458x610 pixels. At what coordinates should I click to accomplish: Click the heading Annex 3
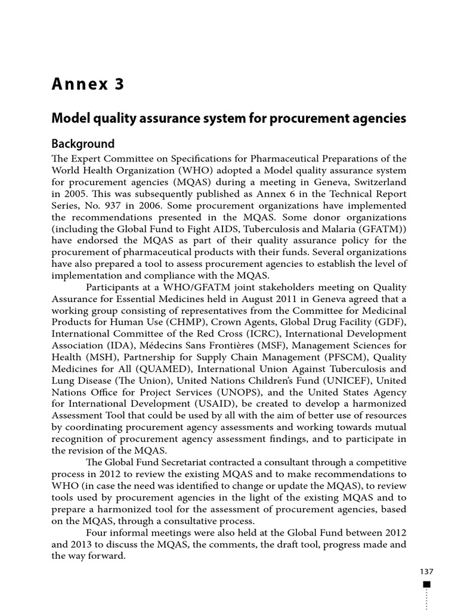click(88, 85)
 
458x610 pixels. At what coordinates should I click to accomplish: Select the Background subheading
click(82, 144)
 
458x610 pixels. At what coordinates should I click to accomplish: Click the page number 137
click(425, 571)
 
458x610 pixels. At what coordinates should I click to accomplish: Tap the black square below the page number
click(426, 584)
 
